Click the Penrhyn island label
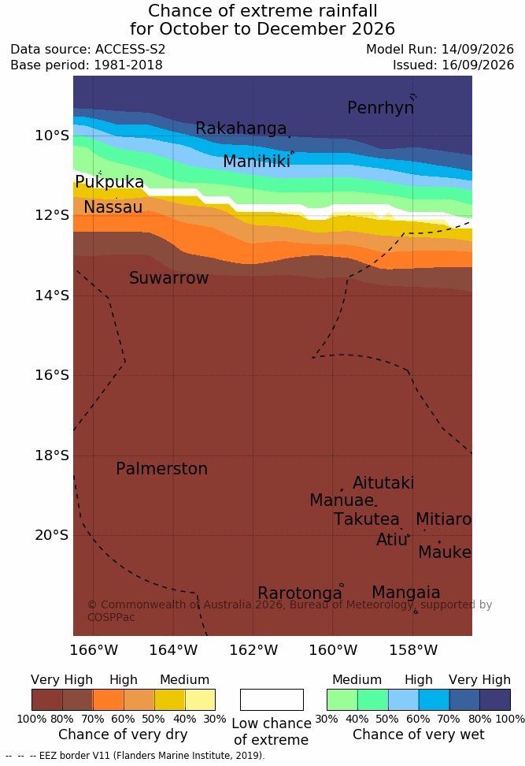(381, 108)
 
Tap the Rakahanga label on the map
(241, 128)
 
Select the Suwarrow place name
(168, 278)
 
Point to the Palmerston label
(162, 469)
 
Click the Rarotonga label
(300, 593)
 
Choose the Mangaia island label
(406, 593)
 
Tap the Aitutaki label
(383, 483)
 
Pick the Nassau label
(113, 207)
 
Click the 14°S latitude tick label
(52, 295)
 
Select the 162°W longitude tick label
(253, 650)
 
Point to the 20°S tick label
(52, 535)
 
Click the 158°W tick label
(413, 650)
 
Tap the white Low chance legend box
(272, 700)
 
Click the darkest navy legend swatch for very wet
(495, 700)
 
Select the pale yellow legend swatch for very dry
(200, 700)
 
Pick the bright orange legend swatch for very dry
(109, 700)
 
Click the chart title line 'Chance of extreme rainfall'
(263, 11)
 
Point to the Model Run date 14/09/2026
(478, 50)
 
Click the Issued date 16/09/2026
(478, 65)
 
